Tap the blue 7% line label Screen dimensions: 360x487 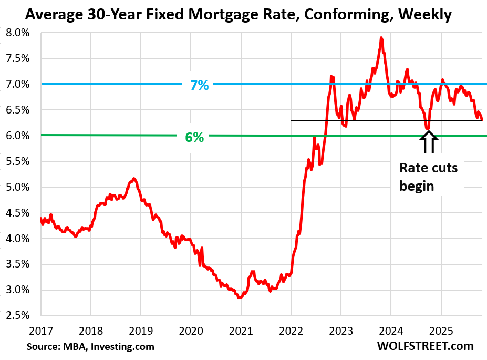coord(199,84)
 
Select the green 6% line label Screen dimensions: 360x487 coord(194,137)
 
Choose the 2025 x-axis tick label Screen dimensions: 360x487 coord(440,332)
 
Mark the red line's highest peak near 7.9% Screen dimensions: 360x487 coord(381,38)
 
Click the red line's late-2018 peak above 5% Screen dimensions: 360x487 coord(134,179)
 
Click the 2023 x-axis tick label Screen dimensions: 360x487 coord(340,332)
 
